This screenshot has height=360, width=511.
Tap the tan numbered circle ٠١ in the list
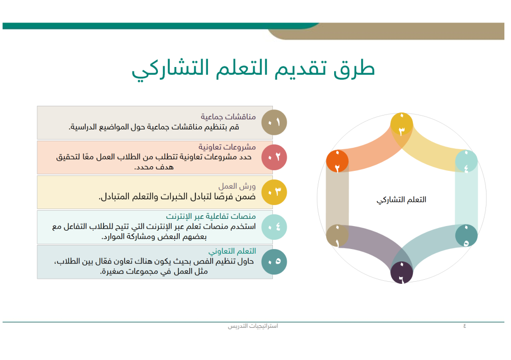[x=274, y=123]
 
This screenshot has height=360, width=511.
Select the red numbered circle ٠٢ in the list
[x=274, y=157]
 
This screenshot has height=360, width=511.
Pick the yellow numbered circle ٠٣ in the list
[x=274, y=192]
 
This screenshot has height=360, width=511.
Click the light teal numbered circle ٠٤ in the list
[x=274, y=227]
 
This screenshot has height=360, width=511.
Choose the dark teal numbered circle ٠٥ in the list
[x=274, y=261]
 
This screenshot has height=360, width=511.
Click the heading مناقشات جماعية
[x=228, y=117]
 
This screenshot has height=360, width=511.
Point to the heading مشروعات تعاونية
[x=227, y=147]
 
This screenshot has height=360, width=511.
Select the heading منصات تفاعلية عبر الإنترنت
[x=211, y=216]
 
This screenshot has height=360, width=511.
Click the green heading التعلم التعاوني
[x=232, y=251]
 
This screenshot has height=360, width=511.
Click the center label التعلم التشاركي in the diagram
[x=401, y=199]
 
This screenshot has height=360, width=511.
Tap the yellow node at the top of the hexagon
[x=402, y=125]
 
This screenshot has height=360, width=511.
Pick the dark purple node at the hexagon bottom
[x=402, y=273]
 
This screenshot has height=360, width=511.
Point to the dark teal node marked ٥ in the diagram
[x=466, y=236]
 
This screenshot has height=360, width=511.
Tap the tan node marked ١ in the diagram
[x=337, y=236]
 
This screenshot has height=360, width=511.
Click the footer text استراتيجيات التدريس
[x=253, y=326]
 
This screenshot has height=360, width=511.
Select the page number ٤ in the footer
[x=464, y=326]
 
